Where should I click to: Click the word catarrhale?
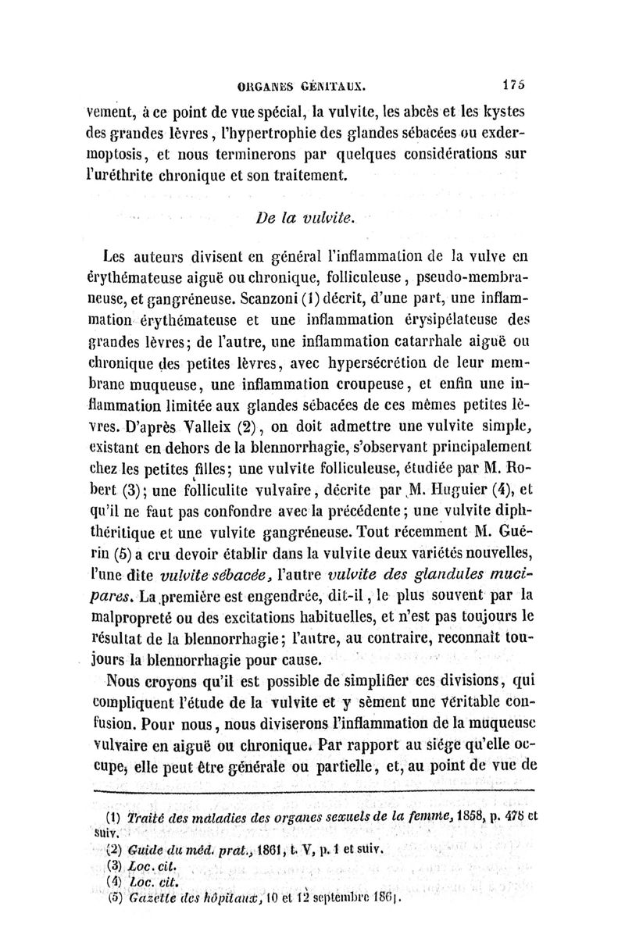click(x=421, y=341)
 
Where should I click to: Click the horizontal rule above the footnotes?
click(x=312, y=790)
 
